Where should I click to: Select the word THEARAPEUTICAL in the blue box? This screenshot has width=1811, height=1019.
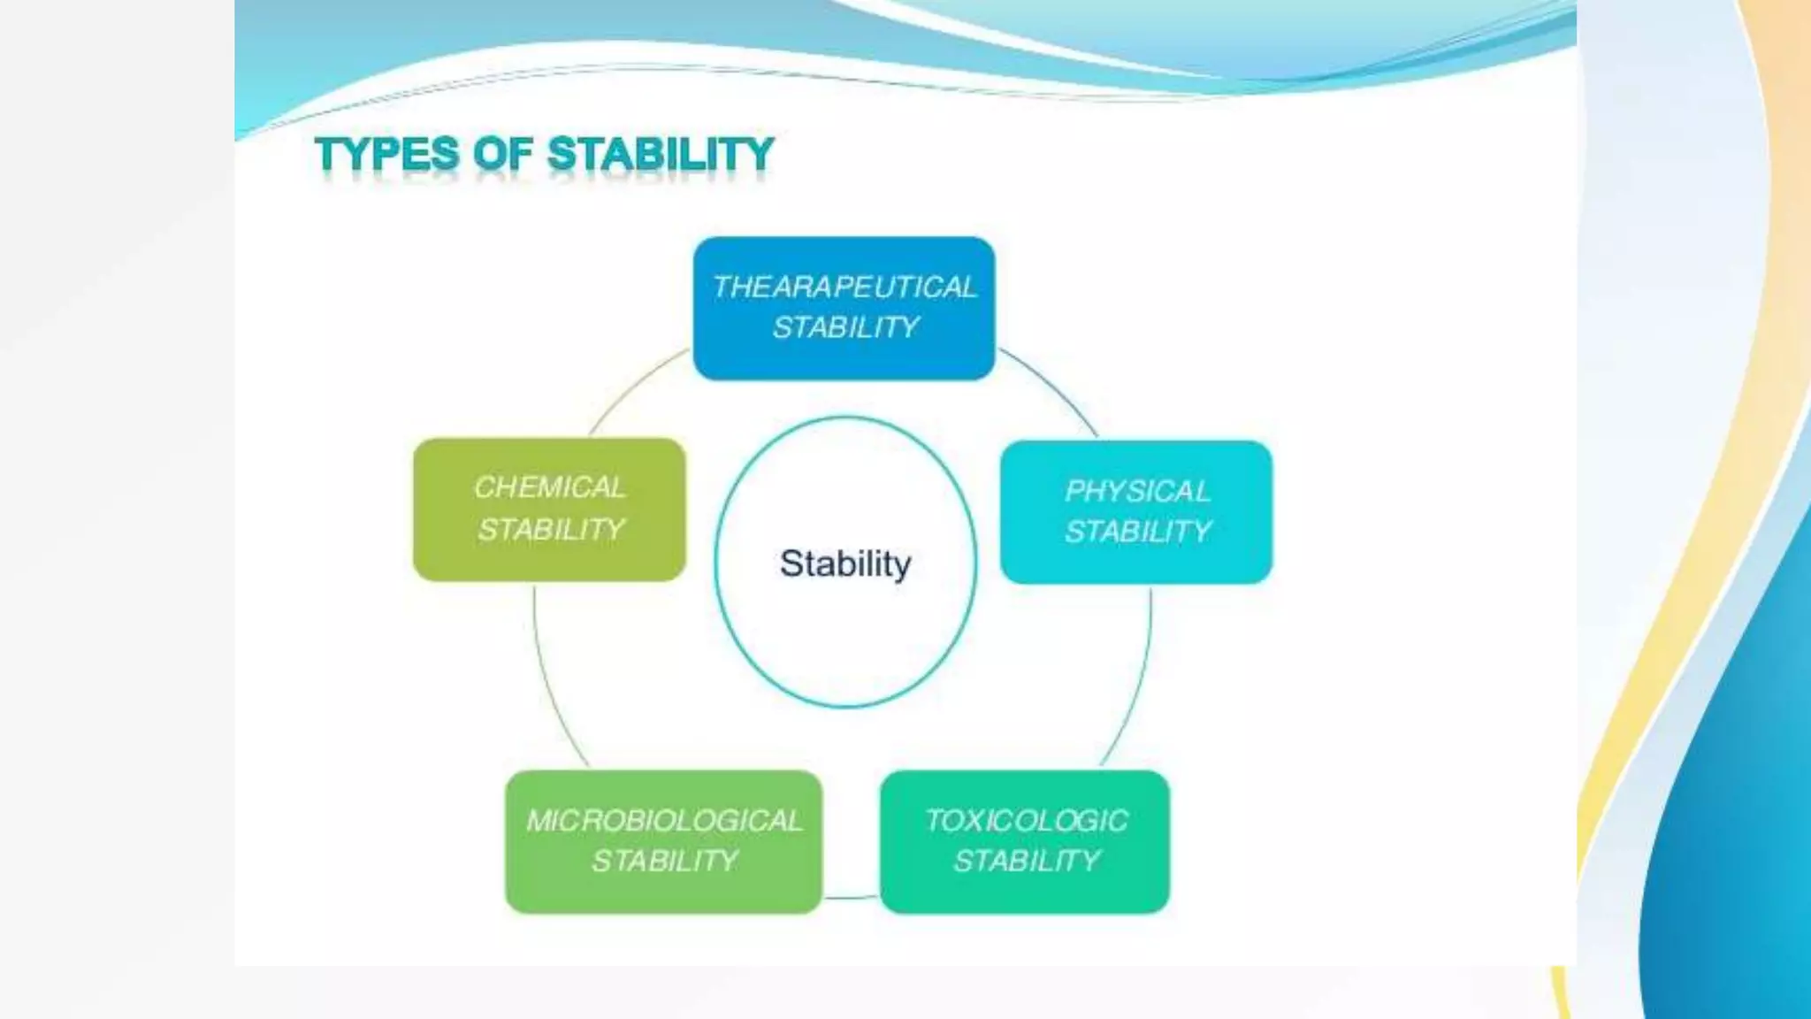pos(844,287)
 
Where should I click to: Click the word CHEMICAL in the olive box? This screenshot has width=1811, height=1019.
pos(549,487)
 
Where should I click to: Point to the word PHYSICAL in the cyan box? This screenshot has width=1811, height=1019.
pos(1136,491)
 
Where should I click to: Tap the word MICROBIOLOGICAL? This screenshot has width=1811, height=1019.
pos(664,821)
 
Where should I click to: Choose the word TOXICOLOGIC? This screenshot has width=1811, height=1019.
pos(1026,821)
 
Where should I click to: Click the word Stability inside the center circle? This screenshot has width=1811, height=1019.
pos(844,563)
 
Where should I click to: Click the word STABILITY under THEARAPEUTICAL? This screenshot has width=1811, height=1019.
pos(844,328)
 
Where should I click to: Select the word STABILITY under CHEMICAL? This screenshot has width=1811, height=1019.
pos(551,530)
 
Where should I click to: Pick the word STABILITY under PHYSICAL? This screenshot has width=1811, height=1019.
pos(1137,532)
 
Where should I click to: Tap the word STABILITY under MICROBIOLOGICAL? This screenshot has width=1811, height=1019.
pos(664,861)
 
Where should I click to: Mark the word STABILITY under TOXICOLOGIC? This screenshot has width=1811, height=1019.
pos(1027,861)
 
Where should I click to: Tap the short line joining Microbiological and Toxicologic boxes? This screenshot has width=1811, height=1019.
pos(851,898)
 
